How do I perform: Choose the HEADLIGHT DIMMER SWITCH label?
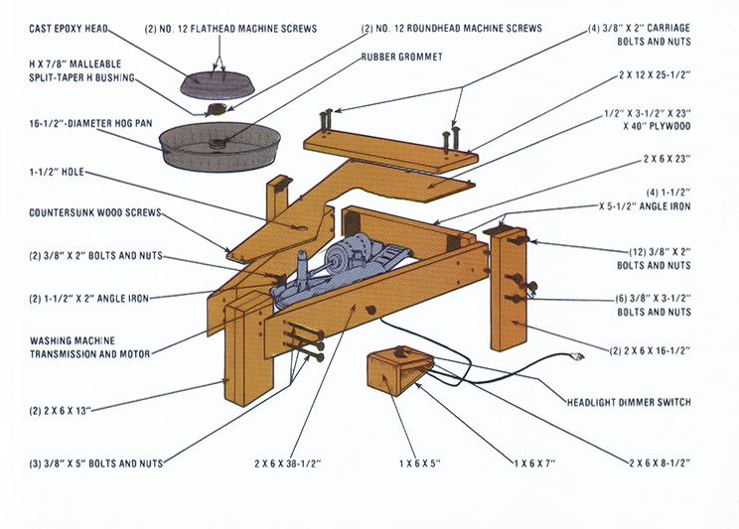coord(629,402)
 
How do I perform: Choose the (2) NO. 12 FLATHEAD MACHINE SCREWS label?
coord(231,28)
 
